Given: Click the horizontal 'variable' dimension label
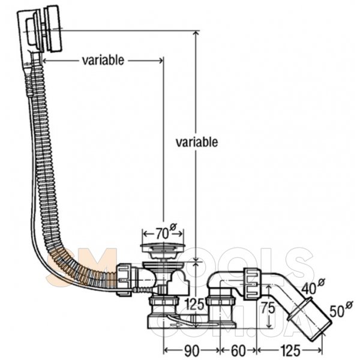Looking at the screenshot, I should click(x=103, y=60).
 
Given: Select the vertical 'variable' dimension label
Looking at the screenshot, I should click(x=196, y=142).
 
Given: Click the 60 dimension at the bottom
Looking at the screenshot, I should click(x=237, y=349).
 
